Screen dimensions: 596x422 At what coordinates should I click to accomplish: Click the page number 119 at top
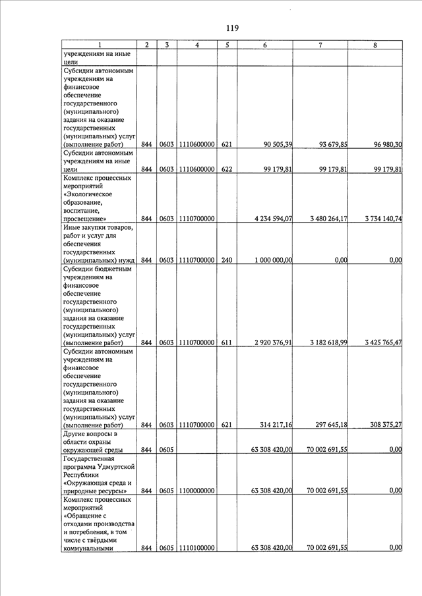pos(231,28)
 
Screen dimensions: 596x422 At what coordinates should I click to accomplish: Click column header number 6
pos(264,45)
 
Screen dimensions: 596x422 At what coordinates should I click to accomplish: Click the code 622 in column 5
pos(227,169)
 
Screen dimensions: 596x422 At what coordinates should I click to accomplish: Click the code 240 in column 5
pos(227,260)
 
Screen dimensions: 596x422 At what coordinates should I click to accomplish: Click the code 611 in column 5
pos(227,343)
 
